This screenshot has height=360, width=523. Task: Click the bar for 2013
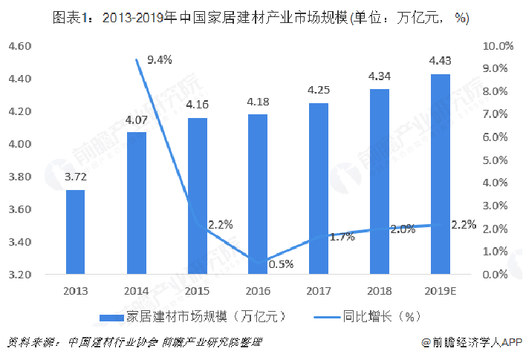[75, 232]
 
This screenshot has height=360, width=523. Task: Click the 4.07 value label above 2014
[136, 119]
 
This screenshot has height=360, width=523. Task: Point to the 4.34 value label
[380, 75]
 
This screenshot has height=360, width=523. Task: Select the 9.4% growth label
[159, 60]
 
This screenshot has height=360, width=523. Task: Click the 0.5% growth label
[281, 264]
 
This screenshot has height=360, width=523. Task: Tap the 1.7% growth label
[341, 237]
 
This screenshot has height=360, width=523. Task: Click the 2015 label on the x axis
[197, 290]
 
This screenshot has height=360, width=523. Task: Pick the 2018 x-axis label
[380, 290]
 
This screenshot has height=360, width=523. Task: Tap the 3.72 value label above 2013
[75, 177]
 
